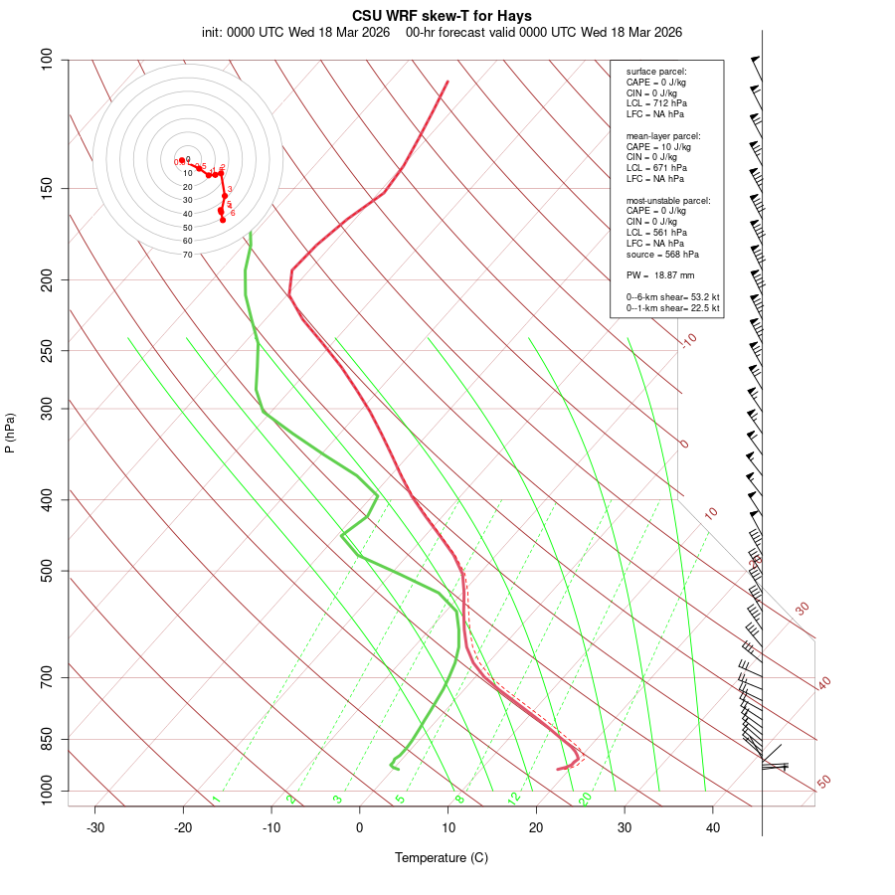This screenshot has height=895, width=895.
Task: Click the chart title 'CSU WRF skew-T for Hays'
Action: (442, 16)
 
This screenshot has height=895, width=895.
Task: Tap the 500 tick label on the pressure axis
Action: (48, 571)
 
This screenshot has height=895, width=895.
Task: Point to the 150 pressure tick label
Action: (48, 188)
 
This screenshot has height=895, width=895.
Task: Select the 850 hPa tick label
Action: (48, 739)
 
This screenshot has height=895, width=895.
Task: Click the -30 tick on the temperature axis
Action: (95, 827)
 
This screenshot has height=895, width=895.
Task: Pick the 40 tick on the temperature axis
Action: (713, 827)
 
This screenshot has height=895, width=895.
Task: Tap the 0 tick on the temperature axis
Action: (360, 827)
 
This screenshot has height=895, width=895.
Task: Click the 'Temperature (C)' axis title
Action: (442, 857)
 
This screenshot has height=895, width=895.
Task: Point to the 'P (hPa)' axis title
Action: (10, 433)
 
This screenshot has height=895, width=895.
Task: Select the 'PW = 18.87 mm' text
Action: (660, 274)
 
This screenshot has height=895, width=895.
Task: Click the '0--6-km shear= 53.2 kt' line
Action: (672, 297)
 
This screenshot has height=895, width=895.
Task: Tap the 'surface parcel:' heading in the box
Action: (656, 72)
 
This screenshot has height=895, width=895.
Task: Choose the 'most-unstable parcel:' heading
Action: (668, 200)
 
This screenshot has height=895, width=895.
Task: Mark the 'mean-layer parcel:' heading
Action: (663, 135)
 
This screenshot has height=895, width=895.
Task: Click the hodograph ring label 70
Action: (187, 255)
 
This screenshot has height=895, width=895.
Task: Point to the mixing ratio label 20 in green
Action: (585, 799)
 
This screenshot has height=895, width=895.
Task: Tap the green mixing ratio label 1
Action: (216, 800)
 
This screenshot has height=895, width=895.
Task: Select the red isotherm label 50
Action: (823, 783)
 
